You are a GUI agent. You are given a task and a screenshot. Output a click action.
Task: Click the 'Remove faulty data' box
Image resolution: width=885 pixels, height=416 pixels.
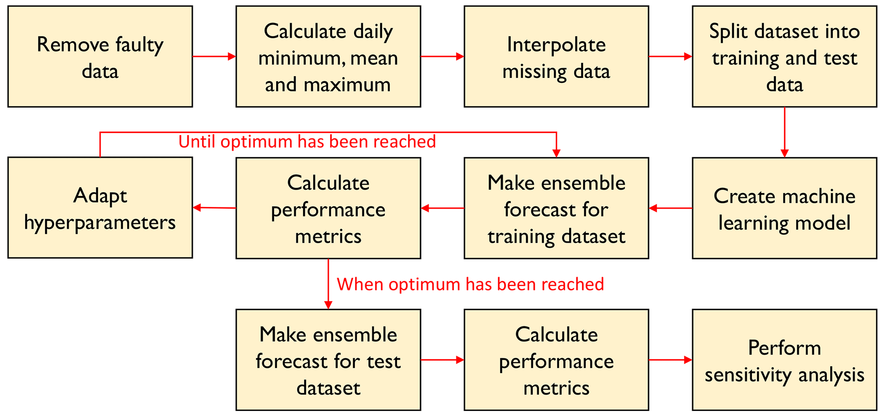(100, 56)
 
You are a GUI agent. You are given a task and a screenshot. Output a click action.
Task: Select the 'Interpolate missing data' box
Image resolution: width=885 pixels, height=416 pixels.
(556, 56)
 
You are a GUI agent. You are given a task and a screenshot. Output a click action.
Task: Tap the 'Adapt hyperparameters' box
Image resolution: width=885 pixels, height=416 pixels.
(100, 208)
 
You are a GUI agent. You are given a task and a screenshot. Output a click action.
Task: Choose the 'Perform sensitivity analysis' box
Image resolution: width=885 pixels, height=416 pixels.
(784, 360)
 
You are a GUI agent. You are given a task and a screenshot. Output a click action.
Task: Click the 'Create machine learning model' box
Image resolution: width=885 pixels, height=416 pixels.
(784, 208)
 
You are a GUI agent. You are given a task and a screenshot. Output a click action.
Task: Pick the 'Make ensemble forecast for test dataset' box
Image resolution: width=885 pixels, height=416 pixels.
(328, 360)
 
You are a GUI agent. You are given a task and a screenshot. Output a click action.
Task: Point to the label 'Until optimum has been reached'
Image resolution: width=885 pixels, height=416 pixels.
(307, 142)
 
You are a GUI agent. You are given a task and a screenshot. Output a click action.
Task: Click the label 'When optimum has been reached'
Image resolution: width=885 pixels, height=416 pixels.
(471, 284)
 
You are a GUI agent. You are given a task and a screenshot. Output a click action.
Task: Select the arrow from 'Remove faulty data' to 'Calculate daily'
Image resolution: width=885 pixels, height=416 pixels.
(214, 56)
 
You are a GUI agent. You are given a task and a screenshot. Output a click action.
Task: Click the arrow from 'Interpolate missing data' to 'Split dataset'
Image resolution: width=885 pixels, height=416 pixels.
(670, 56)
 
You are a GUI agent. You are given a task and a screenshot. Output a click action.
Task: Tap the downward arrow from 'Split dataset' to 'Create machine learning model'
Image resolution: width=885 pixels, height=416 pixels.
(784, 132)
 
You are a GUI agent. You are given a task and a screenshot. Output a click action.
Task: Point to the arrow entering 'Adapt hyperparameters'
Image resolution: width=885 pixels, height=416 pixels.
(214, 208)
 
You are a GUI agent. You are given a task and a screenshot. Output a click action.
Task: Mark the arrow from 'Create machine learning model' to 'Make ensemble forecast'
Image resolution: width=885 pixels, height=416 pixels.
(670, 208)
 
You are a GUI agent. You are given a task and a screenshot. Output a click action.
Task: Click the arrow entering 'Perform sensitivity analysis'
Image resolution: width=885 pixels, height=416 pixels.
(670, 360)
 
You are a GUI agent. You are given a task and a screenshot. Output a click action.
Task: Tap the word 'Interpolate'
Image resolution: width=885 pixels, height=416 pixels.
(556, 45)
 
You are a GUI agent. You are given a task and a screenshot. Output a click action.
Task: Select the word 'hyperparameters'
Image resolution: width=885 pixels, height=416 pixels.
(100, 223)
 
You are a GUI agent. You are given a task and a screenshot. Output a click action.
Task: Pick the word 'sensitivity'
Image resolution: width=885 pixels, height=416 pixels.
(746, 375)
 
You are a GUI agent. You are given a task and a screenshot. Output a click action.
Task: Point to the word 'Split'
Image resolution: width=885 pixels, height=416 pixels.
(728, 32)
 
